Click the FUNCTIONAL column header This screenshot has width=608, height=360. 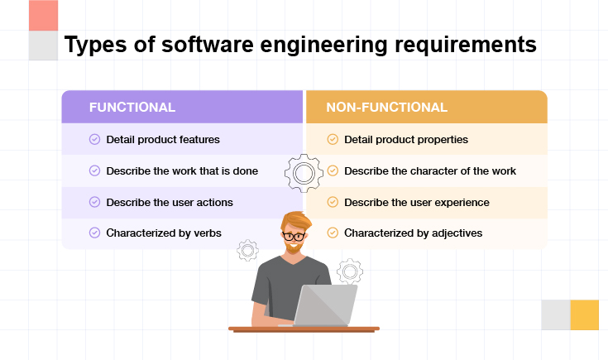[132, 107]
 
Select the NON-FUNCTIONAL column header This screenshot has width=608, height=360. [386, 107]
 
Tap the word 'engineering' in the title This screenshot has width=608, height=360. [323, 45]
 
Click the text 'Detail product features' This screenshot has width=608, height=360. [163, 140]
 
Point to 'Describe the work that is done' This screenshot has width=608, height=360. [182, 171]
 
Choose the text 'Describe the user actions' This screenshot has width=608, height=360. [170, 203]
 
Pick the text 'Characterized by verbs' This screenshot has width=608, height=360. [164, 233]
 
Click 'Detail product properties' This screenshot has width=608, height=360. [406, 140]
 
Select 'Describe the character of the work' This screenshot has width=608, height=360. [430, 171]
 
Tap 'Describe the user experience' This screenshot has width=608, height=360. [417, 203]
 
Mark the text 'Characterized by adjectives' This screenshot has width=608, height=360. [414, 233]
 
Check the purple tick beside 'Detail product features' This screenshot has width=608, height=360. [94, 139]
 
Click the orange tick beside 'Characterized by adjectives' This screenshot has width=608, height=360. [333, 233]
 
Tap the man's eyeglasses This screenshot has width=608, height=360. [294, 236]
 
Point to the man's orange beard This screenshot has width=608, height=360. [293, 247]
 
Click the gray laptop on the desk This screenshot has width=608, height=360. [325, 305]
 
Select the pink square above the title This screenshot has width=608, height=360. [43, 16]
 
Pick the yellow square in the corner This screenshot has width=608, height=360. [584, 314]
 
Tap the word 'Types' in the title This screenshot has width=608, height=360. [95, 45]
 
